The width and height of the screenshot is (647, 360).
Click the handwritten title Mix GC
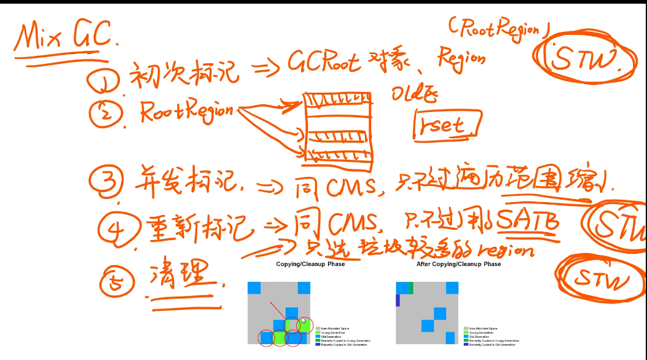click(65, 38)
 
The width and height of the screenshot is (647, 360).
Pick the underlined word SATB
click(528, 219)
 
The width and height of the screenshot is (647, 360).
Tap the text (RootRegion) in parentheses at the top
click(494, 28)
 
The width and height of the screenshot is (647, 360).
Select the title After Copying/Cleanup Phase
click(458, 264)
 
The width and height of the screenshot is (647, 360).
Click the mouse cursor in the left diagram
click(303, 321)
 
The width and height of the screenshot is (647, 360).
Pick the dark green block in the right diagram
click(411, 288)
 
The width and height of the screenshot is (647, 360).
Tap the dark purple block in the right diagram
click(398, 300)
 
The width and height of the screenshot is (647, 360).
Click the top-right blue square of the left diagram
click(304, 288)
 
